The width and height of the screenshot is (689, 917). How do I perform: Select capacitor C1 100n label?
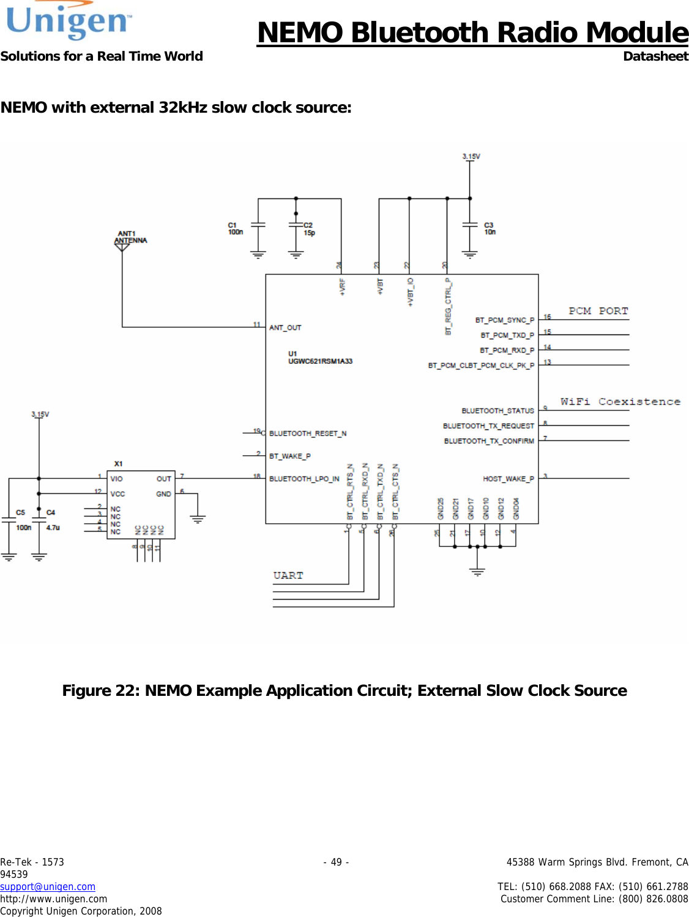pyautogui.click(x=236, y=228)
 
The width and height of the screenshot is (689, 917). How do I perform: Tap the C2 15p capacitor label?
pyautogui.click(x=309, y=229)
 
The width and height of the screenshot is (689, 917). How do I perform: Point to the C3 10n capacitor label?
pyautogui.click(x=490, y=228)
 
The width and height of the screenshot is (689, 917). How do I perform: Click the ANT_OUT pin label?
pyautogui.click(x=285, y=328)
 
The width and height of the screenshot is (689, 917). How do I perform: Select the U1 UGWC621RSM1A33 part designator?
pyautogui.click(x=320, y=358)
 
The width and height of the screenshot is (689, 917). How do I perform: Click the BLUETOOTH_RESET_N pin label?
pyautogui.click(x=308, y=434)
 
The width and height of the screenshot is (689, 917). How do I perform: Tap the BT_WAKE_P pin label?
pyautogui.click(x=290, y=456)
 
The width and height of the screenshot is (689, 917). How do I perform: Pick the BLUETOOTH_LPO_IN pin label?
pyautogui.click(x=304, y=479)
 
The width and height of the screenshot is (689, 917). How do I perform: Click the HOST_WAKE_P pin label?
pyautogui.click(x=508, y=479)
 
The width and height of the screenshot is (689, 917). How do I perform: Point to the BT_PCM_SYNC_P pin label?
pyautogui.click(x=504, y=320)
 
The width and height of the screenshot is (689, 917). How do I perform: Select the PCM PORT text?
pyautogui.click(x=598, y=311)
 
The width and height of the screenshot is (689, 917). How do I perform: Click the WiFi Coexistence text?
pyautogui.click(x=620, y=402)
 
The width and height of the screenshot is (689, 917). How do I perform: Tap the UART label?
pyautogui.click(x=288, y=576)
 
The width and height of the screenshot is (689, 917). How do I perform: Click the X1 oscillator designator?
pyautogui.click(x=119, y=464)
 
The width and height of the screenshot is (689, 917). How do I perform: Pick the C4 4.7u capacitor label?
pyautogui.click(x=52, y=520)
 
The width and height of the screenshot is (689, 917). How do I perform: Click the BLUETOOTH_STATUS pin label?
pyautogui.click(x=497, y=411)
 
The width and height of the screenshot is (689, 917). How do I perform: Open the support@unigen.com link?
pyautogui.click(x=48, y=886)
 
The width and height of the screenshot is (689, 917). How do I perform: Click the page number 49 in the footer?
pyautogui.click(x=336, y=862)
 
